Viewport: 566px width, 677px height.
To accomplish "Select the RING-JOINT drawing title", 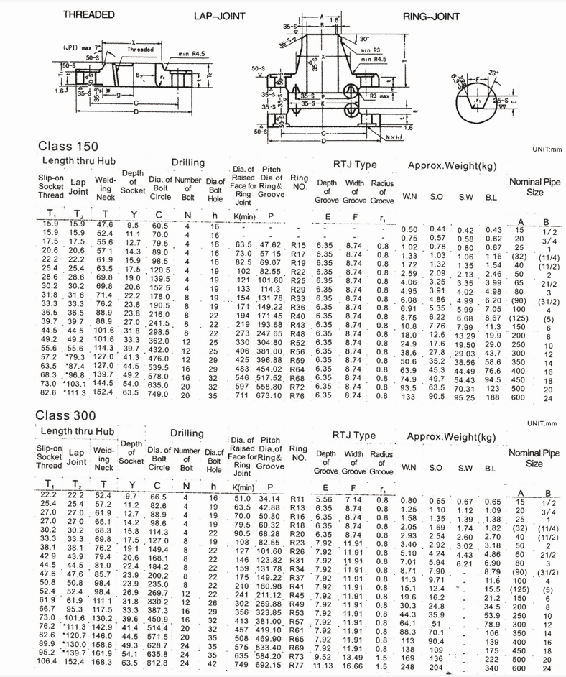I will pos(431,15).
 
